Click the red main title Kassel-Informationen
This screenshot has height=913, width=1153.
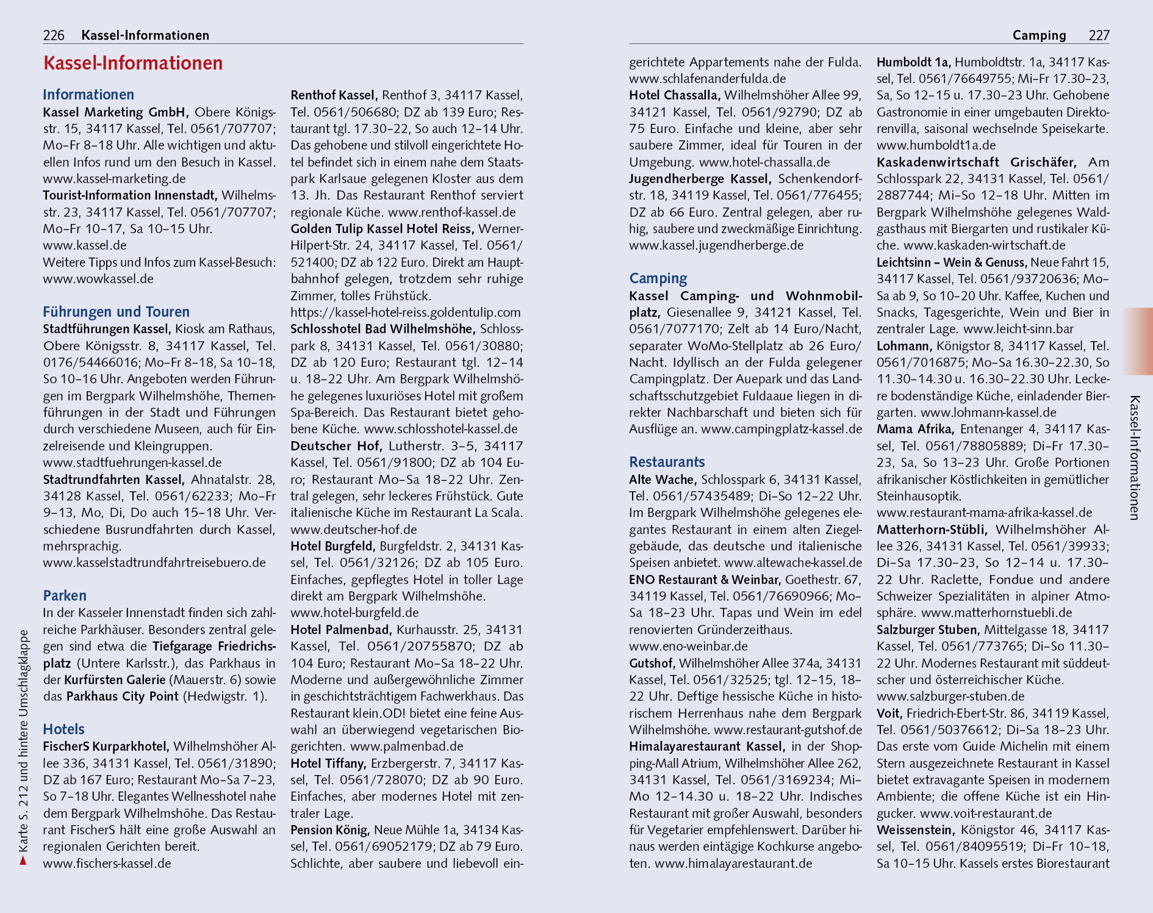point(133,63)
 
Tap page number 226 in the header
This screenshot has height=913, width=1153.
point(54,35)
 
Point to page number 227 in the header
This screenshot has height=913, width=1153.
point(1099,35)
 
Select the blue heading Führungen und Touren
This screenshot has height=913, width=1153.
point(116,312)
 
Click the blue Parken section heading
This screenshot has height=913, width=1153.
point(65,596)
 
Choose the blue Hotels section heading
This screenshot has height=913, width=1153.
point(63,729)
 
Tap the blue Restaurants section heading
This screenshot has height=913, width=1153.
point(667,462)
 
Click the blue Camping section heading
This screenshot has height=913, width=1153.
point(658,279)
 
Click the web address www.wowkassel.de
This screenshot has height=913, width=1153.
point(98,279)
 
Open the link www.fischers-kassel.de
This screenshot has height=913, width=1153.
point(107,864)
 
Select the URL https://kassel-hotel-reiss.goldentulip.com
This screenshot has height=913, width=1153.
point(406,312)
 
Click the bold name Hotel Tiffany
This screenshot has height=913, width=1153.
point(328,763)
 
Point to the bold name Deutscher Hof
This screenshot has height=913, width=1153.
point(336,446)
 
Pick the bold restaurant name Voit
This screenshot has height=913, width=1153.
point(889,713)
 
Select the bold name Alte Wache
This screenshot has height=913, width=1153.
point(663,480)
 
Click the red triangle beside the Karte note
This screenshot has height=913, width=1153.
point(23,861)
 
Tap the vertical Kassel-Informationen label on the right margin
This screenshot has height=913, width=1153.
point(1134,458)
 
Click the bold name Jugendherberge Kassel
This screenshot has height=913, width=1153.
point(700,179)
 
